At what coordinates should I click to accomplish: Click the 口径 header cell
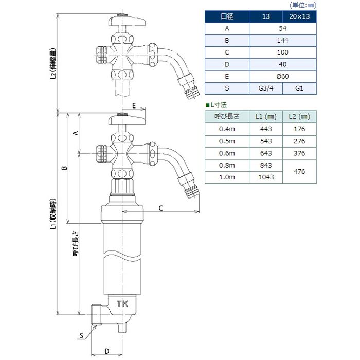tap(227, 16)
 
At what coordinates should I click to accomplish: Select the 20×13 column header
tap(299, 16)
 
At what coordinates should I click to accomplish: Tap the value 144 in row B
tap(282, 41)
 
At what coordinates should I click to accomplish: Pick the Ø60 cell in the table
tap(282, 77)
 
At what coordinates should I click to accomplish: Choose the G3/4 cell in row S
tap(265, 88)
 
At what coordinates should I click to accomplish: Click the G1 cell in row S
tap(299, 88)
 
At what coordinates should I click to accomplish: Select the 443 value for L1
tap(266, 129)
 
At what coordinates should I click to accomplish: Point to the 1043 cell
tap(266, 177)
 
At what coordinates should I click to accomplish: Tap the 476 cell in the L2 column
tap(299, 171)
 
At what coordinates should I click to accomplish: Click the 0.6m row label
tap(227, 153)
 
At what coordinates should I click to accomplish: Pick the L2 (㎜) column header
tap(299, 116)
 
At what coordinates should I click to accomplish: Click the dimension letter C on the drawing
tap(160, 208)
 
